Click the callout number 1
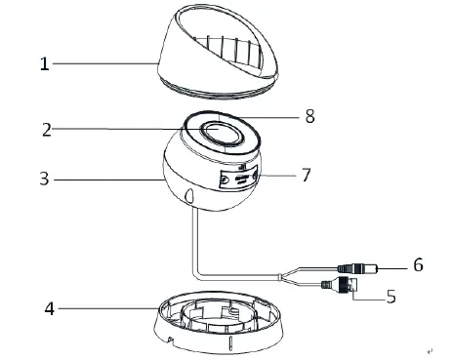(x=44, y=64)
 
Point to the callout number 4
(x=47, y=309)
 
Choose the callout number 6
(x=417, y=265)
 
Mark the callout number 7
(x=306, y=177)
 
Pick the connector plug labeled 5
(x=342, y=284)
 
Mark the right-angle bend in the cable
(x=196, y=276)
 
